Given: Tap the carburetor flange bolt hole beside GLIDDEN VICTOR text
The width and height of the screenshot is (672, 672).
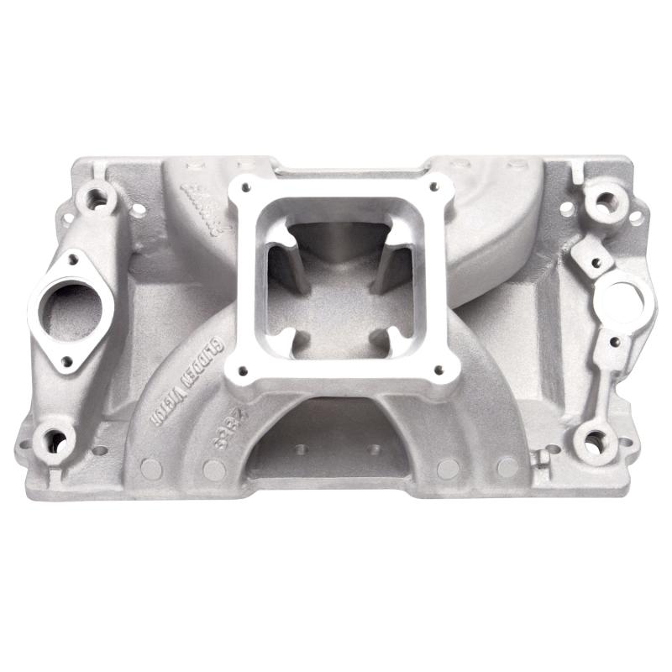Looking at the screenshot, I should pos(244,370).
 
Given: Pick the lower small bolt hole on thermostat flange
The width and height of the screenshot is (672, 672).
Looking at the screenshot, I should pos(67,362).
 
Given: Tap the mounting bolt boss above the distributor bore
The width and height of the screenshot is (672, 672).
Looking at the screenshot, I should pos(601,202).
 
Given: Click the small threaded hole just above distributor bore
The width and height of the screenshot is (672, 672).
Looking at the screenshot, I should pos(595,263).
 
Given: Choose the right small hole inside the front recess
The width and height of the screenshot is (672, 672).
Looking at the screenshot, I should pos(374,449).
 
